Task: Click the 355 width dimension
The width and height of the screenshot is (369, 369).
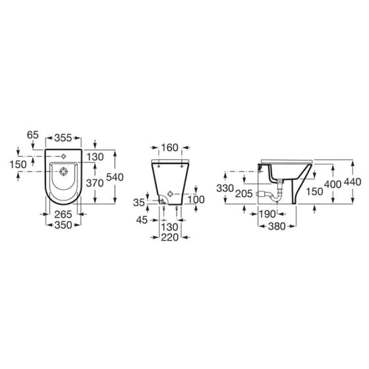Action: pos(63,138)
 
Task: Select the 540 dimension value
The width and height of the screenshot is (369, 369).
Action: pos(115,177)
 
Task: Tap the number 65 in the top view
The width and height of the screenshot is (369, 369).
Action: pos(33,135)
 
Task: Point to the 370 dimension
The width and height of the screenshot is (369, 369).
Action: pos(95,183)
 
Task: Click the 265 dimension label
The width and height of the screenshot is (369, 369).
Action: pos(63,214)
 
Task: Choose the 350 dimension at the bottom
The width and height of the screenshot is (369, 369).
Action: pos(63,225)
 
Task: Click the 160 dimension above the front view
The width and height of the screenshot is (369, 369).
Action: pos(170,148)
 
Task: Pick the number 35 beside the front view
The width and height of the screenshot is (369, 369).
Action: pos(139,202)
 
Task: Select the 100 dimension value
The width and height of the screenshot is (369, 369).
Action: pos(196,200)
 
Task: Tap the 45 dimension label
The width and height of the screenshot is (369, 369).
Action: pos(142,220)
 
